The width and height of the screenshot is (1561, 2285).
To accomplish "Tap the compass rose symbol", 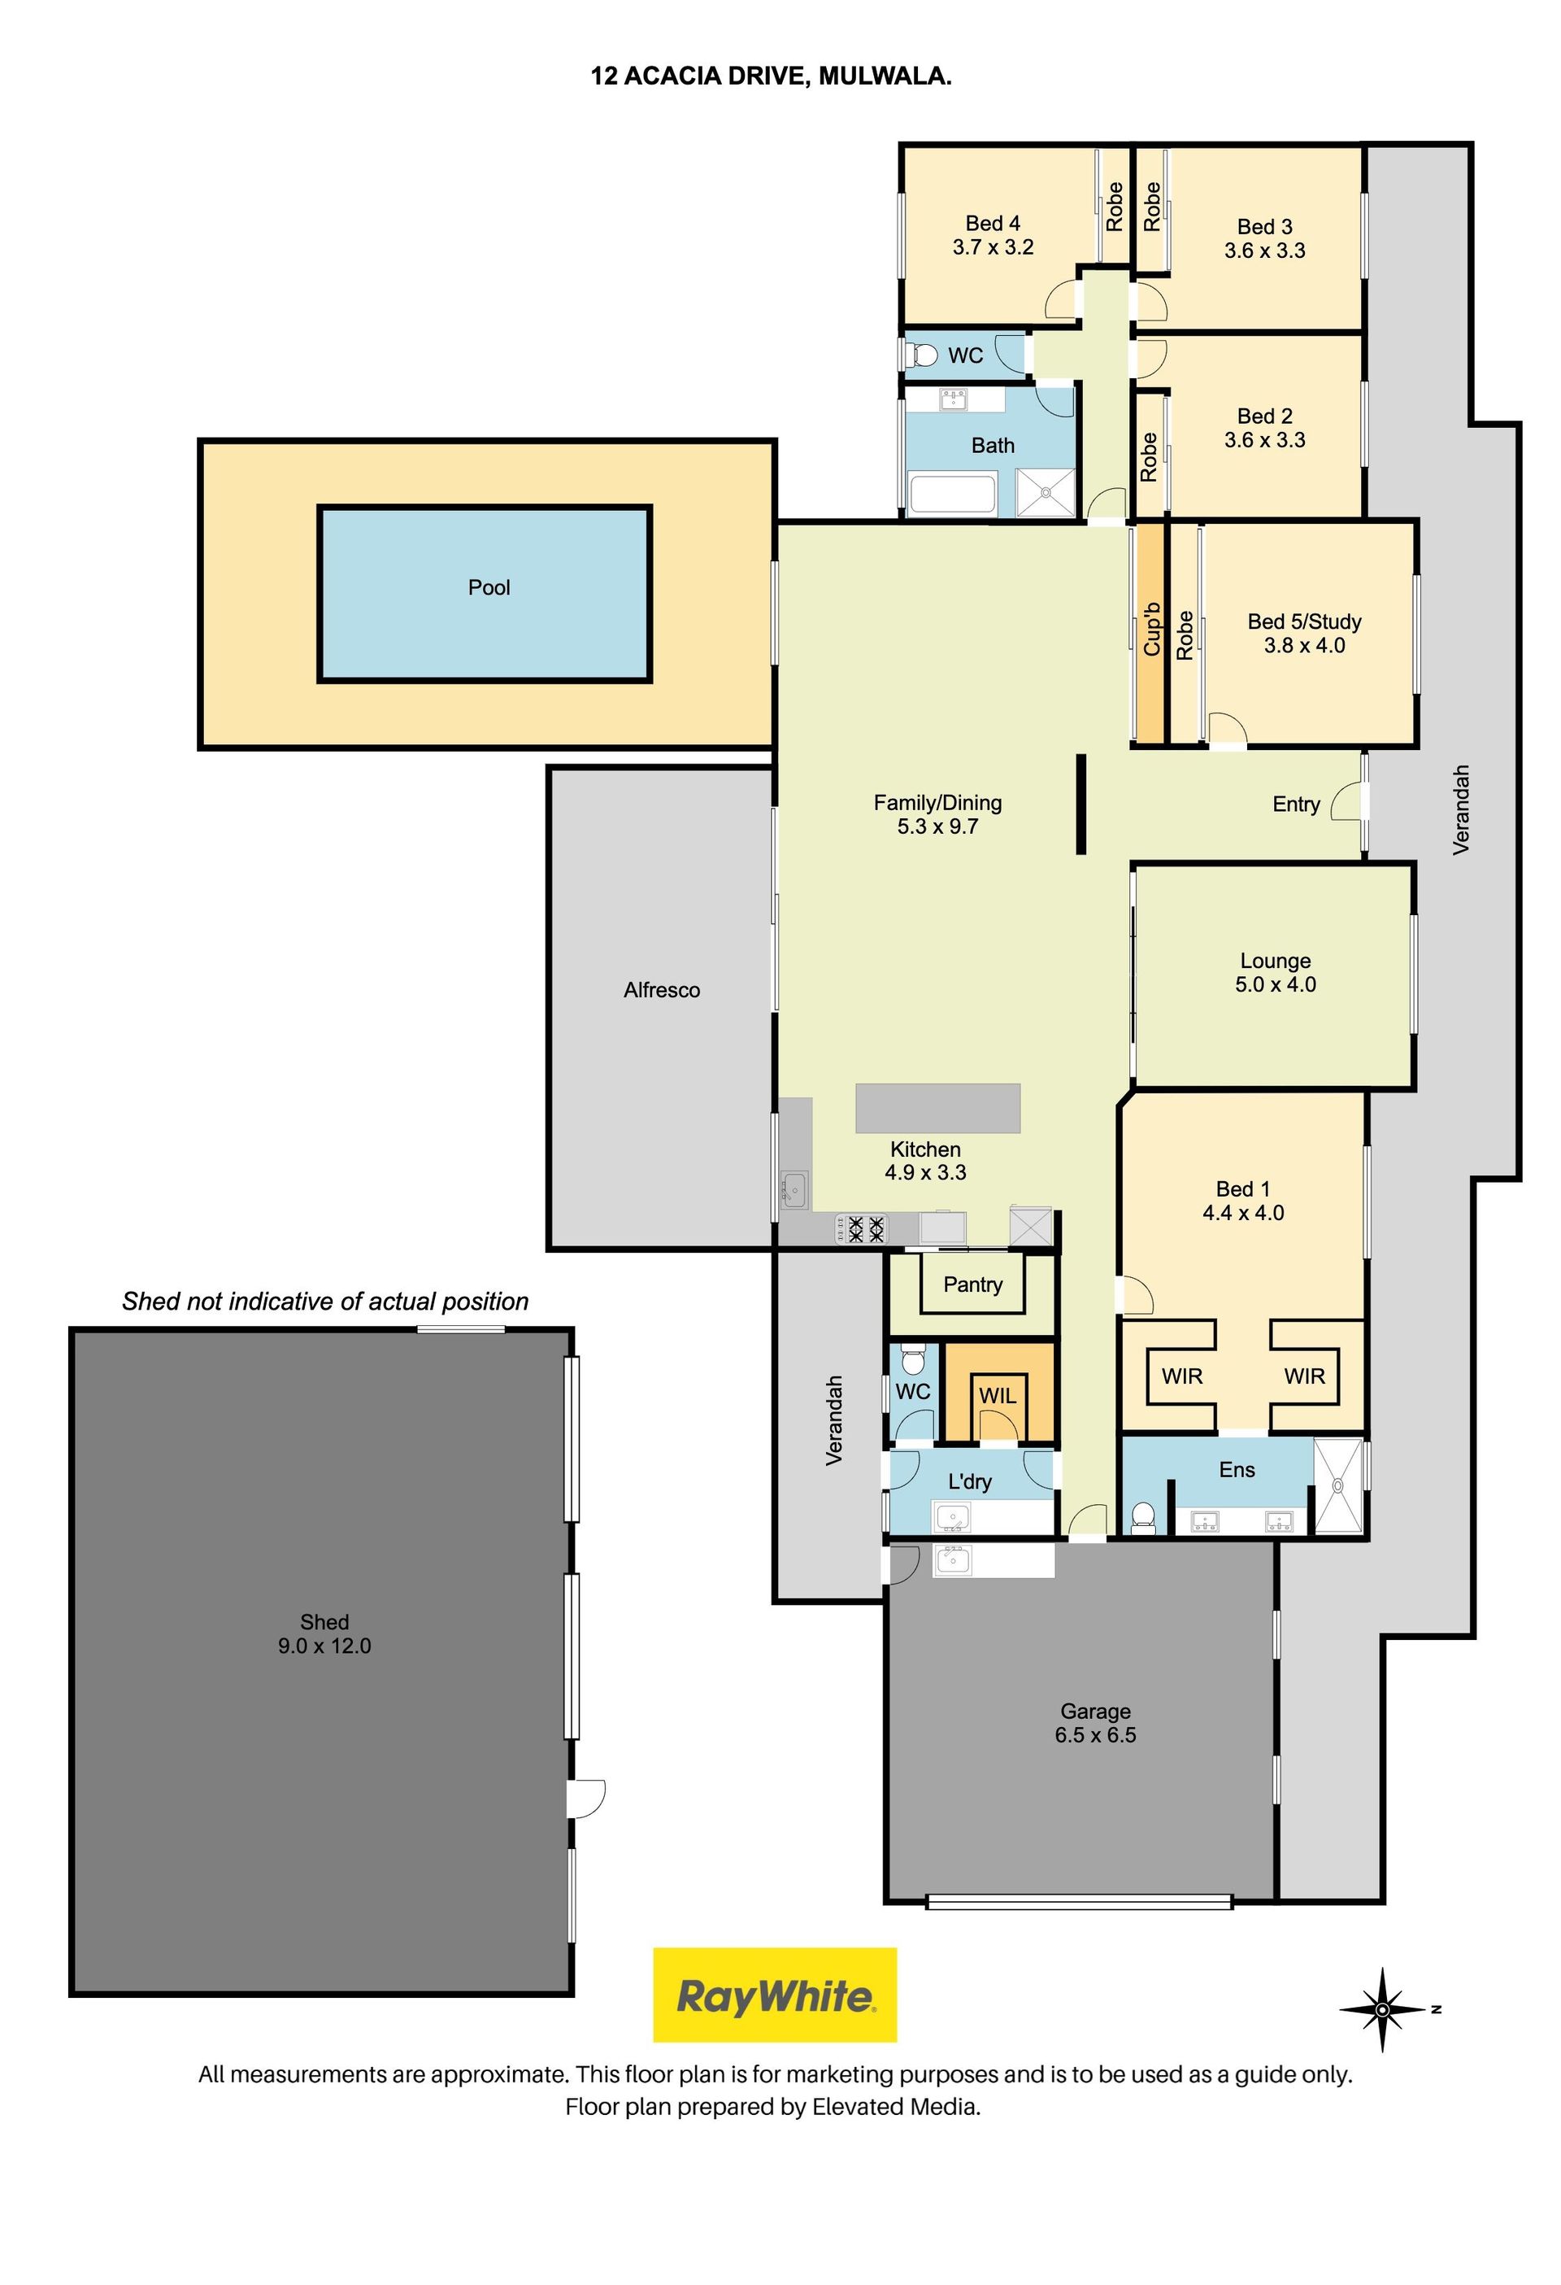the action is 1383,2008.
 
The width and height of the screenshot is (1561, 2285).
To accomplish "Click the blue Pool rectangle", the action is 485,593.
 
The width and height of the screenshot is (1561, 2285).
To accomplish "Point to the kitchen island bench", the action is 937,1108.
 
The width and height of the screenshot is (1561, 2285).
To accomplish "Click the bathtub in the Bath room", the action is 953,495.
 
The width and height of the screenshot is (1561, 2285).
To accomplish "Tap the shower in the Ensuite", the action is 1339,1485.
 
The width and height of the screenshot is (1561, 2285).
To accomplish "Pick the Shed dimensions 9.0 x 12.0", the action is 324,1645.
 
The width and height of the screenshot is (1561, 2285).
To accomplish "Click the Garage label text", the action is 1095,1711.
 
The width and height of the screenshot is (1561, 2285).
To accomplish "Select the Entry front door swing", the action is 1346,801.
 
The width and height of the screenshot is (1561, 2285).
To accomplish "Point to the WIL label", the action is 997,1394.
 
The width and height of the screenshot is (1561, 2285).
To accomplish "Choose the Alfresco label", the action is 662,990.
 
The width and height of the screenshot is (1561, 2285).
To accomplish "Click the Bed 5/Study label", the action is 1304,621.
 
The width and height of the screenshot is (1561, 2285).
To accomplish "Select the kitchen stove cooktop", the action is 860,1229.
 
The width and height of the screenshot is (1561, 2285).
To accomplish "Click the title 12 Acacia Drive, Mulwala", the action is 771,76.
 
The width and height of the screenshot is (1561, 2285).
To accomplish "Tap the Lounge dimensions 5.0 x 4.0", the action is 1275,984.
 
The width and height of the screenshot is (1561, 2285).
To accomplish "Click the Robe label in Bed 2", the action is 1148,457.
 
